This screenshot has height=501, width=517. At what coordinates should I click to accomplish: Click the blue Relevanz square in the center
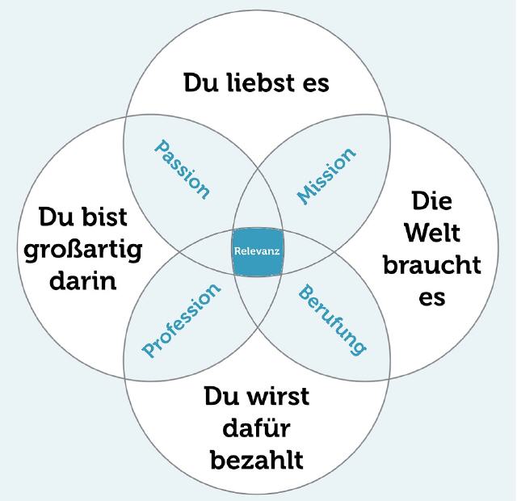coord(258,251)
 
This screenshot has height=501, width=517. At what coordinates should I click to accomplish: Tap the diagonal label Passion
coord(182,170)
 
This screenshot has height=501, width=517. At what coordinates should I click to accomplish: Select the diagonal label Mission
coord(326,176)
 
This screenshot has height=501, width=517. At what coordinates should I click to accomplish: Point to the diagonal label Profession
coord(181,320)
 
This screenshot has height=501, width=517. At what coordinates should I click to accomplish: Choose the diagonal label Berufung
coord(332,319)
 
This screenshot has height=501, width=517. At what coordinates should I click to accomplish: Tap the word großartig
coord(83,250)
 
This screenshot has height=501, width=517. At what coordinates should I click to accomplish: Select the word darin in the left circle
coord(83,280)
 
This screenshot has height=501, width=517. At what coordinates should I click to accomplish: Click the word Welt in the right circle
coord(432,233)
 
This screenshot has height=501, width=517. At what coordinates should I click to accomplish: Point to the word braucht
coord(432,264)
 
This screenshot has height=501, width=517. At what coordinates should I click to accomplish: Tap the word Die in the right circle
coord(432,200)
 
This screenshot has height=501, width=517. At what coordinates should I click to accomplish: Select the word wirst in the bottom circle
coord(279,396)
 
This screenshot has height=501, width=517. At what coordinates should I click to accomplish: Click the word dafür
coord(257,427)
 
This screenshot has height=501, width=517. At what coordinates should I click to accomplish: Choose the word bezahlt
coord(257,460)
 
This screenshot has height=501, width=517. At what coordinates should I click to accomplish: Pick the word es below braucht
coord(432,297)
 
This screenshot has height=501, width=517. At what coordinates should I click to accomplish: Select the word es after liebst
coord(316,84)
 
